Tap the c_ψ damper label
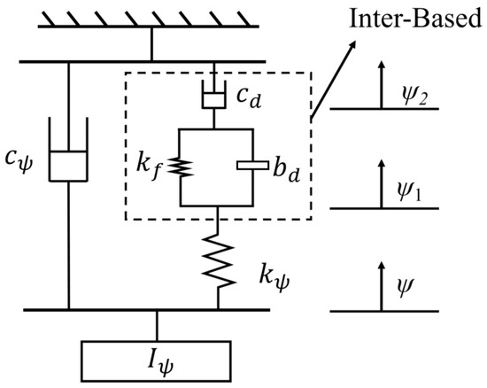pos(19,161)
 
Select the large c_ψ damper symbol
pos(68,150)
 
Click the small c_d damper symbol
pos(213,95)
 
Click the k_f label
pos(150,168)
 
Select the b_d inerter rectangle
pos(252,166)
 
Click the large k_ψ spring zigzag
pos(218,261)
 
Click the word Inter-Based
pos(415,19)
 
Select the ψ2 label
pos(414,97)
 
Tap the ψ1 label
pos(409,193)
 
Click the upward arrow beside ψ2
pos(383,83)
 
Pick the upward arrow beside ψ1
pos(382,183)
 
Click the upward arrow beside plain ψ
pos(382,286)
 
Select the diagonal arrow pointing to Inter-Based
pos(333,80)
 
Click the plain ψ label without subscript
pos(406,287)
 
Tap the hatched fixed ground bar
pos(149,19)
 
